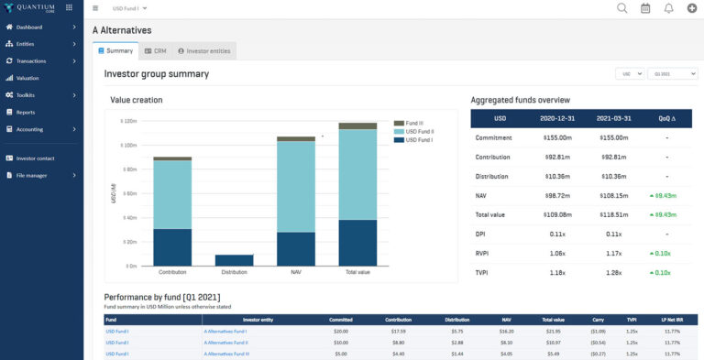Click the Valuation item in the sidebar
pyautogui.click(x=27, y=78)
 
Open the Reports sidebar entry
pyautogui.click(x=26, y=112)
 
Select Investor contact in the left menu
pyautogui.click(x=35, y=158)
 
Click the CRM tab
pyautogui.click(x=155, y=51)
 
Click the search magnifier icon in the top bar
pyautogui.click(x=622, y=8)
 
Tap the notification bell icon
pyautogui.click(x=668, y=8)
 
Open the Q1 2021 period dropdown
pyautogui.click(x=672, y=73)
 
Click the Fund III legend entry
pyautogui.click(x=414, y=122)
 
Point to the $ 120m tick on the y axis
pyautogui.click(x=127, y=121)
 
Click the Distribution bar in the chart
pyautogui.click(x=234, y=260)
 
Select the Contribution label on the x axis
pyautogui.click(x=172, y=272)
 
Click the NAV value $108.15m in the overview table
pyautogui.click(x=613, y=195)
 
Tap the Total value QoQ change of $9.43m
pyautogui.click(x=663, y=214)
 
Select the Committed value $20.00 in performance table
pyautogui.click(x=341, y=331)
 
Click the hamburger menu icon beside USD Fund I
pyautogui.click(x=96, y=8)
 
